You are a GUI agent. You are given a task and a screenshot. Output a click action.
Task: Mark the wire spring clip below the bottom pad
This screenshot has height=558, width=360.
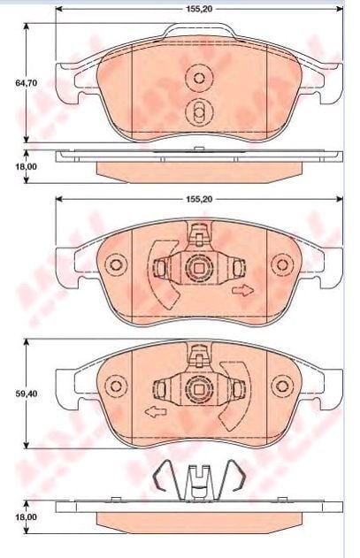[x=199, y=478]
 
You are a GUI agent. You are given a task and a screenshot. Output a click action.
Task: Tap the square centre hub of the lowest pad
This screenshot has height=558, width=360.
[x=200, y=386]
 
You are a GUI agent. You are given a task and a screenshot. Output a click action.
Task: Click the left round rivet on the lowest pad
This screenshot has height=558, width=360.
[x=113, y=386]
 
